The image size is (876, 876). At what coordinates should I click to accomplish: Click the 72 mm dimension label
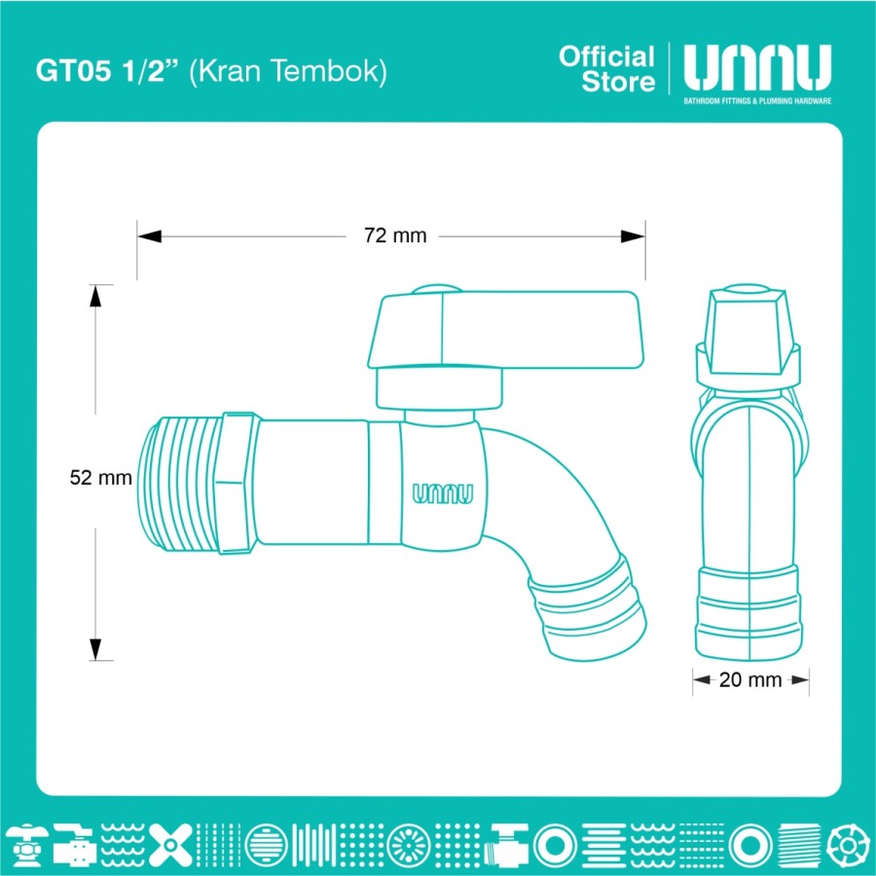pos(395,236)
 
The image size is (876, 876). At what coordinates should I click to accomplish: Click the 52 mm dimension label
pos(100,478)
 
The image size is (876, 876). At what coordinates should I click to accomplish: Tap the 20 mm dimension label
pos(750,680)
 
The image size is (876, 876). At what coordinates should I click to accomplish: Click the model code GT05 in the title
pos(73,71)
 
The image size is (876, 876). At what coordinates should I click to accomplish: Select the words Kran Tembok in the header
pos(288,71)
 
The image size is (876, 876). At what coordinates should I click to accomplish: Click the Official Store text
pos(606,69)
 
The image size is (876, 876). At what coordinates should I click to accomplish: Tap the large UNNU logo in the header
pos(757,67)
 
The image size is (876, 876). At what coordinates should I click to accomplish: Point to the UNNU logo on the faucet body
pos(443,493)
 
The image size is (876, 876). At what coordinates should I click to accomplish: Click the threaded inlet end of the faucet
pos(179,484)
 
